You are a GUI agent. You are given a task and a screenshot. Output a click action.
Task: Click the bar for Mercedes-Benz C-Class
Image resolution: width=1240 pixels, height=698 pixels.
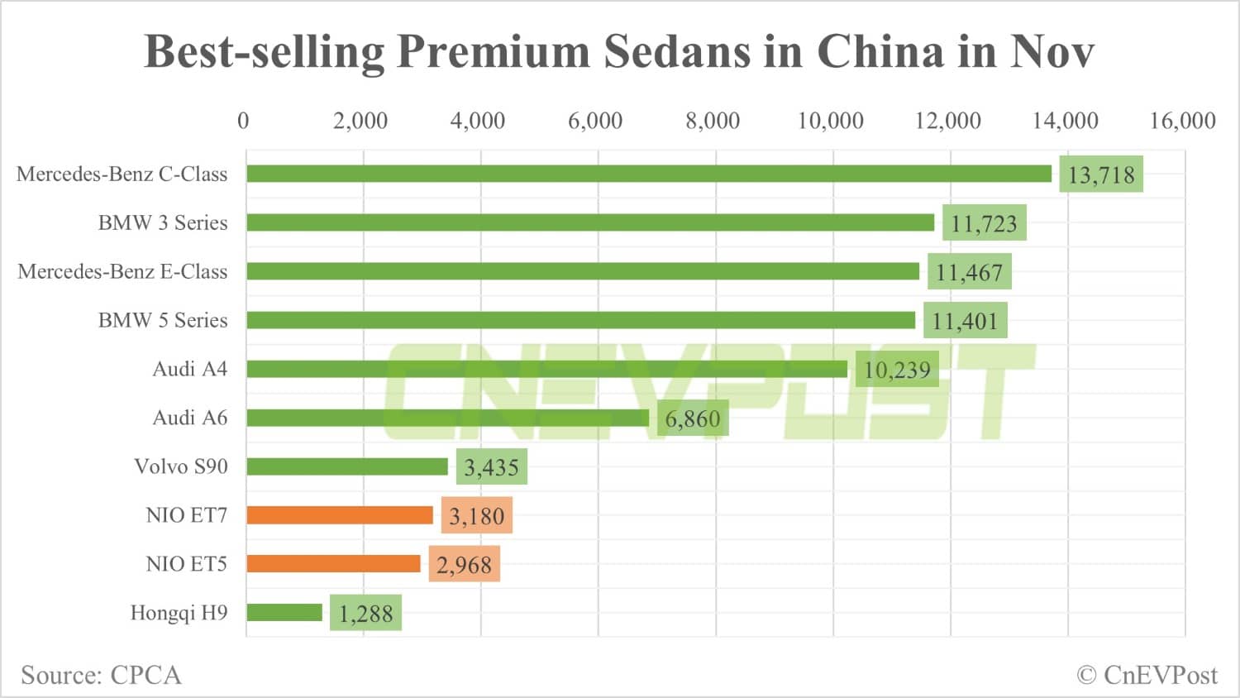pyautogui.click(x=649, y=174)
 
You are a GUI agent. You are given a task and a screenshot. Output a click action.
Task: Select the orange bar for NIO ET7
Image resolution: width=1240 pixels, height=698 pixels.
pyautogui.click(x=340, y=515)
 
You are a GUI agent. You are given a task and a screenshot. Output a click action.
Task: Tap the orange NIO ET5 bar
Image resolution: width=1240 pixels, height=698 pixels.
pyautogui.click(x=333, y=564)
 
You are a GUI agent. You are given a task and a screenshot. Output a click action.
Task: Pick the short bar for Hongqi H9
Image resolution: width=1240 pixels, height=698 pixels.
pyautogui.click(x=284, y=613)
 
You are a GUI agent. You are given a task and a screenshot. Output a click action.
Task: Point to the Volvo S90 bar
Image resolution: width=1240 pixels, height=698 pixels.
pyautogui.click(x=347, y=466)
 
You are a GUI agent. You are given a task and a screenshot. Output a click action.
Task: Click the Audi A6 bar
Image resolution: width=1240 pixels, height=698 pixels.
pyautogui.click(x=447, y=418)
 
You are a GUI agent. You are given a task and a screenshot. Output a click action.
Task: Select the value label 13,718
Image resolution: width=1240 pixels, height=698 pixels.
pyautogui.click(x=1101, y=174)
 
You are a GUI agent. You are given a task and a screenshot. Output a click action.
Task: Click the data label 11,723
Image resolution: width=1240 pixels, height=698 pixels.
pyautogui.click(x=984, y=223)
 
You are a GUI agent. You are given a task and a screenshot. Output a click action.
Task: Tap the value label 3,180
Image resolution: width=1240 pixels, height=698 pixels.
pyautogui.click(x=476, y=516)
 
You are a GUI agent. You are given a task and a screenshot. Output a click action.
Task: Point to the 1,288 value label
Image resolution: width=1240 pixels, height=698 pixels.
pyautogui.click(x=365, y=614)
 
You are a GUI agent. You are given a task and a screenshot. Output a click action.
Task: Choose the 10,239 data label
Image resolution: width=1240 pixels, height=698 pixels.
pyautogui.click(x=897, y=370)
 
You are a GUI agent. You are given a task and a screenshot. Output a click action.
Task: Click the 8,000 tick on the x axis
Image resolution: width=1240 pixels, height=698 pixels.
pyautogui.click(x=713, y=121)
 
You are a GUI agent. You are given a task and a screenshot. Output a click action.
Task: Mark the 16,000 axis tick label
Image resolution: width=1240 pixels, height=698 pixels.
pyautogui.click(x=1182, y=121)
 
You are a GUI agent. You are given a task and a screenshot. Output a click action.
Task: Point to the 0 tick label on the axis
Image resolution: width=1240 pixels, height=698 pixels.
pyautogui.click(x=243, y=121)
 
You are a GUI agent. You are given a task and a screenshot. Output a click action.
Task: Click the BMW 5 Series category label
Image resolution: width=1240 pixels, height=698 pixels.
pyautogui.click(x=163, y=320)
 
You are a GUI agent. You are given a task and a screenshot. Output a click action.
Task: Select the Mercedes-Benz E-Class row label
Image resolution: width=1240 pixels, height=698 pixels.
pyautogui.click(x=122, y=271)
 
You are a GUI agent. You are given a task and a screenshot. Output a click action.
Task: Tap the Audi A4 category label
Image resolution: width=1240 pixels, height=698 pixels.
pyautogui.click(x=189, y=369)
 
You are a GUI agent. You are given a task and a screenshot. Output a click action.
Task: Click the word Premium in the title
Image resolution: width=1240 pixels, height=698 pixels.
pyautogui.click(x=493, y=51)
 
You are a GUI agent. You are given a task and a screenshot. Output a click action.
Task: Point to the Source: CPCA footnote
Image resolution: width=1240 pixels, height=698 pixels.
pyautogui.click(x=101, y=675)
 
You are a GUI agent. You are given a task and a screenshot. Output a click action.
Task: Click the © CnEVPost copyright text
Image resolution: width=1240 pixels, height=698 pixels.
pyautogui.click(x=1147, y=675)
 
